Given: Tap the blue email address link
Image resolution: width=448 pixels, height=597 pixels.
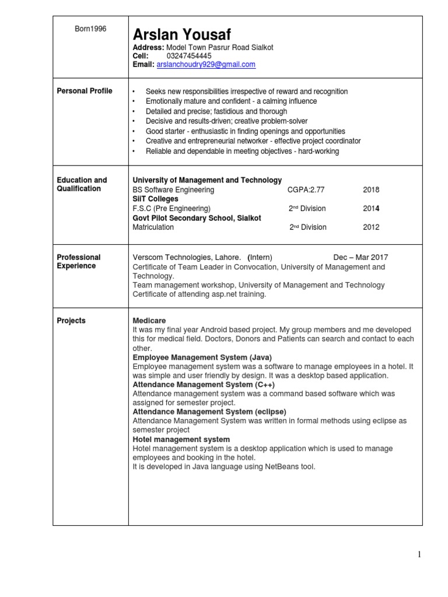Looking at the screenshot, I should tap(206, 65).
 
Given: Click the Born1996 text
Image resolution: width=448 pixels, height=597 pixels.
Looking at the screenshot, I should tap(90, 29).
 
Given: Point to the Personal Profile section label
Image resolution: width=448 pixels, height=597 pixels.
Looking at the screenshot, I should tap(85, 91).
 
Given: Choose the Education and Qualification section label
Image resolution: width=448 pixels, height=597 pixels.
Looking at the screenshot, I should tap(82, 184).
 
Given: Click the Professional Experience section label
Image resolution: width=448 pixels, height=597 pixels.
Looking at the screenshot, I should tap(79, 261).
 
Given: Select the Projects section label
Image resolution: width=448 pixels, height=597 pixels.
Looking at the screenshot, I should tap(71, 321).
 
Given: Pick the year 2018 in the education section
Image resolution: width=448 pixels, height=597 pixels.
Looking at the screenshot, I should tap(371, 189).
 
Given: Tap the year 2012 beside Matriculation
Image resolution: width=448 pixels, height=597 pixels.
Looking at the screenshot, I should tap(371, 227).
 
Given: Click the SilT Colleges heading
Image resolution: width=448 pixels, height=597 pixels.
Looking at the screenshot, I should tap(156, 199).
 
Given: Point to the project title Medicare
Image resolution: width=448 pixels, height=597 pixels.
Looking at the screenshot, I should tap(149, 321).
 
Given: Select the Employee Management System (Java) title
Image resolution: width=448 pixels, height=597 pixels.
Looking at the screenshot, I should tap(202, 357).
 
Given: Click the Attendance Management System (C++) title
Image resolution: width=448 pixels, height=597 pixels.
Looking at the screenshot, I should tap(203, 385).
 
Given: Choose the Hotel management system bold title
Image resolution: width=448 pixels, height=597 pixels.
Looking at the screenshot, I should tap(181, 439).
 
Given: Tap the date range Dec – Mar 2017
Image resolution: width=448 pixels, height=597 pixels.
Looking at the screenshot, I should tap(360, 257).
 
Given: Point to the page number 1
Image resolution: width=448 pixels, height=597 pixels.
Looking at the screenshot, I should tap(419, 554).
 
